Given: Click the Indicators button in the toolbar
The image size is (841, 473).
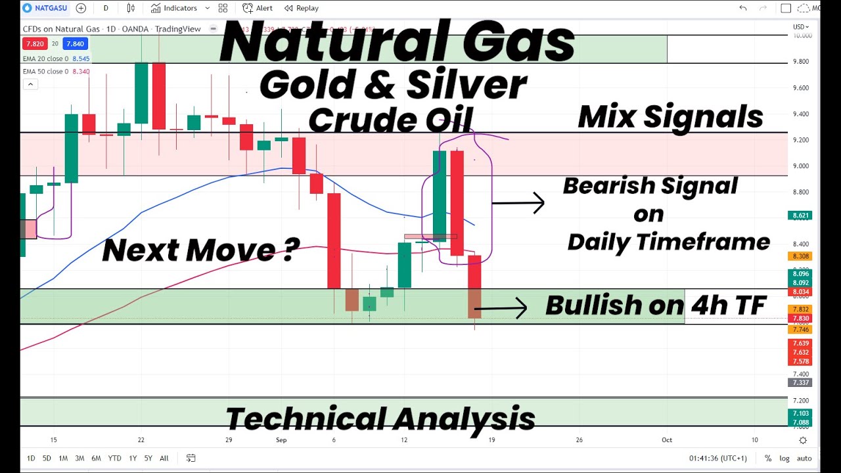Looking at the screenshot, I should pyautogui.click(x=174, y=8).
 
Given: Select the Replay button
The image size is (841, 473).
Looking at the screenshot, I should pyautogui.click(x=302, y=8).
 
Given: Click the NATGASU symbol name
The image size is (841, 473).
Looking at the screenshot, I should pyautogui.click(x=49, y=8).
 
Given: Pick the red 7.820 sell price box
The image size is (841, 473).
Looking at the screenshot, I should pyautogui.click(x=34, y=44).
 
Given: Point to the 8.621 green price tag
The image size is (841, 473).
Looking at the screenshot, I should pyautogui.click(x=802, y=215).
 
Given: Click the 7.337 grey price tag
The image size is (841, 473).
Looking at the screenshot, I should pyautogui.click(x=802, y=382).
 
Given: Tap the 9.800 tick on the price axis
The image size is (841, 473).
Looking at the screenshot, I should pyautogui.click(x=802, y=62).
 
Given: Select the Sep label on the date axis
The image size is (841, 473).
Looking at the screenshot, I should pyautogui.click(x=282, y=440).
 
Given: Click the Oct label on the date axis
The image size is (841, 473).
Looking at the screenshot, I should pyautogui.click(x=667, y=440).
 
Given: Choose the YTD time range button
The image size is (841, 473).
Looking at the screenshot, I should pyautogui.click(x=114, y=458).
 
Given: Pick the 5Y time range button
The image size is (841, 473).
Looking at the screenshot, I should pyautogui.click(x=147, y=458).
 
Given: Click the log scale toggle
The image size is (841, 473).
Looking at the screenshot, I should pyautogui.click(x=784, y=458).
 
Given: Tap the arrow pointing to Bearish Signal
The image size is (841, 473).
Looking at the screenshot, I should pyautogui.click(x=519, y=203).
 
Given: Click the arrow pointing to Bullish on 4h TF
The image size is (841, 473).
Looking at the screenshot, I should pyautogui.click(x=501, y=307).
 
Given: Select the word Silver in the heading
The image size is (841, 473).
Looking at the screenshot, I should pyautogui.click(x=466, y=85).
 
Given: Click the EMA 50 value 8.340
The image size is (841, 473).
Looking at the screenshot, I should pyautogui.click(x=80, y=72).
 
